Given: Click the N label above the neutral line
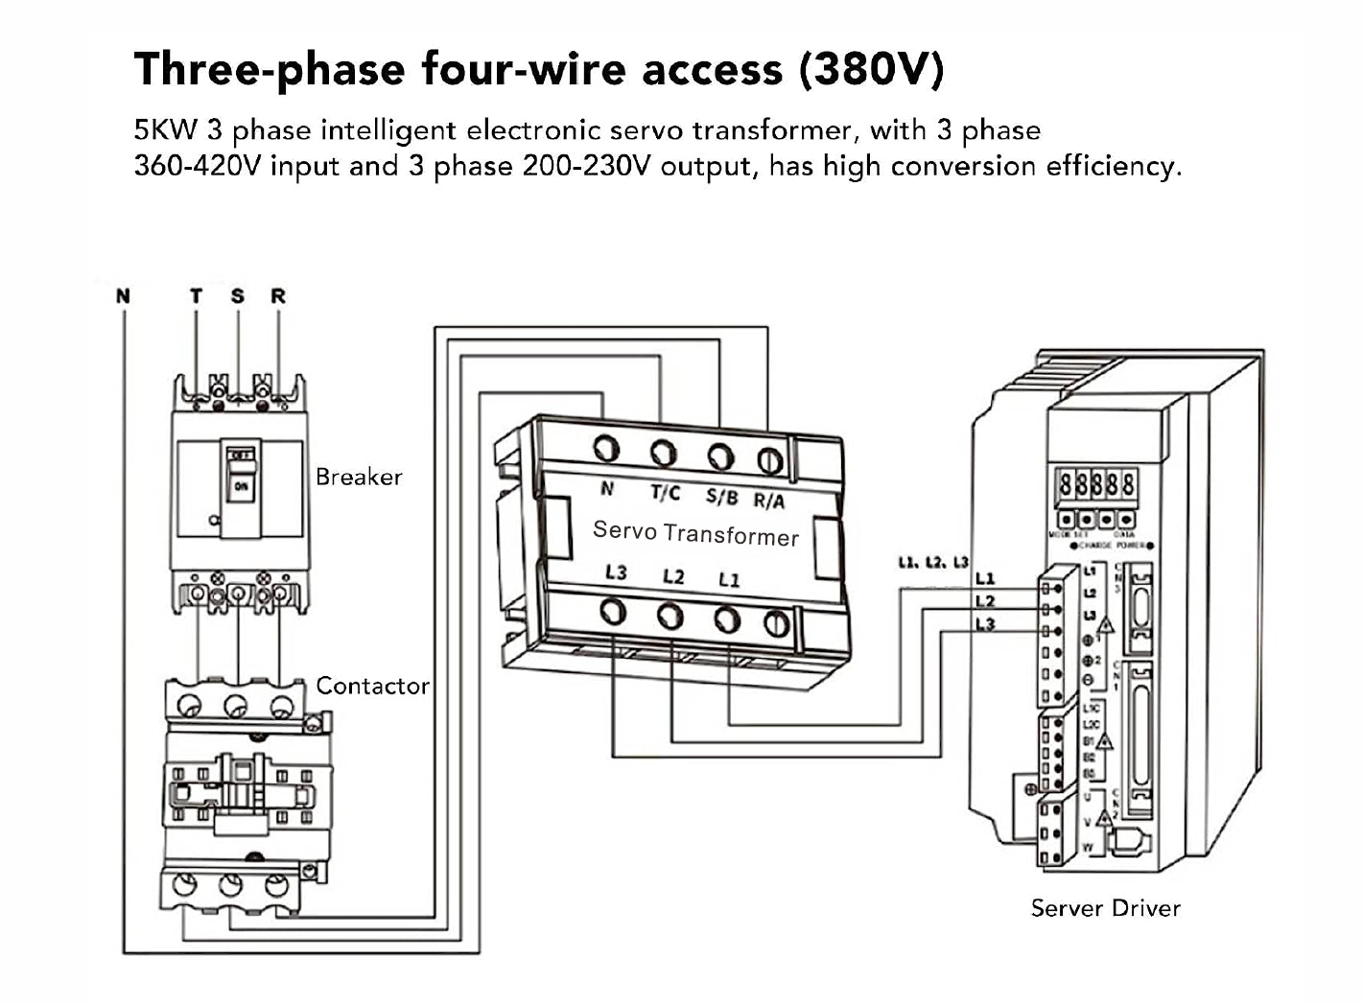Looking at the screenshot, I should point(123,295).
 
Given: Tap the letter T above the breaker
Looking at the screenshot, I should point(196,295).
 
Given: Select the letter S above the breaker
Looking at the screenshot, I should point(237,295).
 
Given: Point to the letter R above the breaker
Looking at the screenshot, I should point(278,295).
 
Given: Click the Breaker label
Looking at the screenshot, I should point(359,477).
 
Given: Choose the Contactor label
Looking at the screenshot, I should point(372,686).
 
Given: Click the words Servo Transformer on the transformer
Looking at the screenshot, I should point(695,532).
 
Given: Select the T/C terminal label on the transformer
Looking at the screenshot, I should point(665,493).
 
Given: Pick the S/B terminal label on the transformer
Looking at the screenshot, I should point(721,496).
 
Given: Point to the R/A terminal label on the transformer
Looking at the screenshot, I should point(768,500).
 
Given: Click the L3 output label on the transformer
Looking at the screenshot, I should point(616,572).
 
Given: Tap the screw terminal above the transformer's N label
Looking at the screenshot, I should point(606,448).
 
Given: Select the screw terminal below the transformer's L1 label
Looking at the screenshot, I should point(726,619).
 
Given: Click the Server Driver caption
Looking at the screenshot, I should point(1105,908).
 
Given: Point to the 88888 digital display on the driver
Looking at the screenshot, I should point(1096,484).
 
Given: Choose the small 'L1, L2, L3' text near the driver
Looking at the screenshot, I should point(932,563).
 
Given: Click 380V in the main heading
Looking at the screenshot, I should point(872,69).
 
